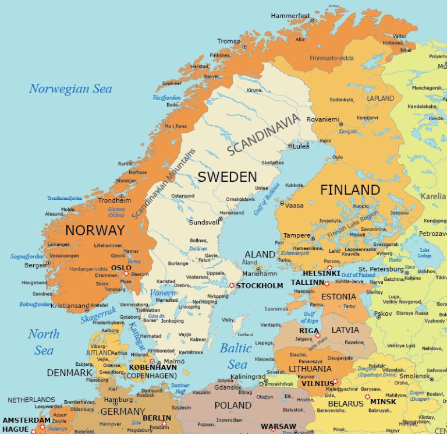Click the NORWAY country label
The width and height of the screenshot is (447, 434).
(95, 230)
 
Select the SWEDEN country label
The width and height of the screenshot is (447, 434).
(227, 177)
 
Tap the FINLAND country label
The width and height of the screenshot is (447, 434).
(350, 190)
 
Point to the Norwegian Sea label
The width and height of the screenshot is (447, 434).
(70, 89)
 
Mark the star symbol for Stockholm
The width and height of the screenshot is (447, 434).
(232, 285)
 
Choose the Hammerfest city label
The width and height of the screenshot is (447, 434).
(290, 16)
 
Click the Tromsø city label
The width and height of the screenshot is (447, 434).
(228, 41)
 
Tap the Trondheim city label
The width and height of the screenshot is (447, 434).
(114, 200)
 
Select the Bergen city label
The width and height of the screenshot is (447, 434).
(34, 265)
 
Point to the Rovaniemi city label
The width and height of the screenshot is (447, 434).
(323, 119)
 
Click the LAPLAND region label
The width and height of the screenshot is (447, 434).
(381, 98)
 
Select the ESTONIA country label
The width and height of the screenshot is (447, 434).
(338, 296)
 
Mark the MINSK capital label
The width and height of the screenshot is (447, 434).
(383, 402)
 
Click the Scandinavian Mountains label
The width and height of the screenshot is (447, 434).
(165, 184)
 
